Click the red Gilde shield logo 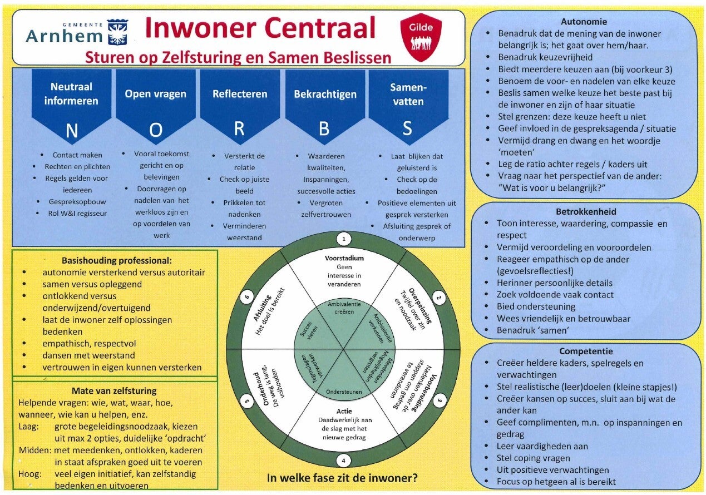pos(421,37)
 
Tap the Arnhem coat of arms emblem pos(117,32)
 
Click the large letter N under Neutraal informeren pos(72,131)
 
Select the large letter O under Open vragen pos(156,130)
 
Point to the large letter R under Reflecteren pos(239,128)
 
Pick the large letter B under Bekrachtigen pos(324,128)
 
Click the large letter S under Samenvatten pos(407,128)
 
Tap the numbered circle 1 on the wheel pos(344,239)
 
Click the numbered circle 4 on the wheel pos(343,461)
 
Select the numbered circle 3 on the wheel pos(440,401)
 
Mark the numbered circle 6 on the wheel pos(247,297)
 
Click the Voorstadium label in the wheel pos(344,259)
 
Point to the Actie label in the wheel pos(344,411)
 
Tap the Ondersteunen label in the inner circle pos(344,392)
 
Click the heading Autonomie pos(584,22)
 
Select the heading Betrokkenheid pos(586,212)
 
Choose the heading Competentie pos(586,352)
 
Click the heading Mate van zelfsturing pos(114,391)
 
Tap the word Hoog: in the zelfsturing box pos(30,474)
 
